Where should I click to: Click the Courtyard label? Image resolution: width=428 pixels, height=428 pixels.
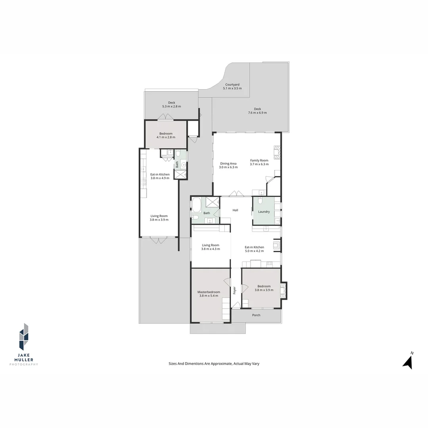click(232, 84)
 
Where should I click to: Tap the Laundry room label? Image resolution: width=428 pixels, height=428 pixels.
click(264, 212)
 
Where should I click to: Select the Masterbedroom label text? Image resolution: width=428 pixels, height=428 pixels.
click(209, 292)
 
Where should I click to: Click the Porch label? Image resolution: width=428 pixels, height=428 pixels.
click(256, 315)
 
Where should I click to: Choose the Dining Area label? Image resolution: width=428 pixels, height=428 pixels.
click(228, 163)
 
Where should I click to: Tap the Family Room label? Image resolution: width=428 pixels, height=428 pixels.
click(259, 160)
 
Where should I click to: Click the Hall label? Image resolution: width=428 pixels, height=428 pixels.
click(235, 210)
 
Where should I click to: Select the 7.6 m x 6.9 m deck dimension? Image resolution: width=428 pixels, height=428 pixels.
click(257, 113)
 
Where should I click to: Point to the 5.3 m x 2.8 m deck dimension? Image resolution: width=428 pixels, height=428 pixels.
click(172, 106)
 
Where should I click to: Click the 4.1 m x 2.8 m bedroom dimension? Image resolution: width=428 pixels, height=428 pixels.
click(166, 137)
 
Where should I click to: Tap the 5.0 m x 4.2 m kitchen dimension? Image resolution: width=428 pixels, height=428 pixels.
click(254, 251)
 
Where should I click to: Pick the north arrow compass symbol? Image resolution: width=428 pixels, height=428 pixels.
click(408, 361)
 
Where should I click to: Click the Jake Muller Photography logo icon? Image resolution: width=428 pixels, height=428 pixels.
click(24, 337)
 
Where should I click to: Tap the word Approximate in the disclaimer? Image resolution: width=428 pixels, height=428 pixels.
click(222, 363)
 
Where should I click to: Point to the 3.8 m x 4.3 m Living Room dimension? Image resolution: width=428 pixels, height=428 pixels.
click(210, 249)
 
